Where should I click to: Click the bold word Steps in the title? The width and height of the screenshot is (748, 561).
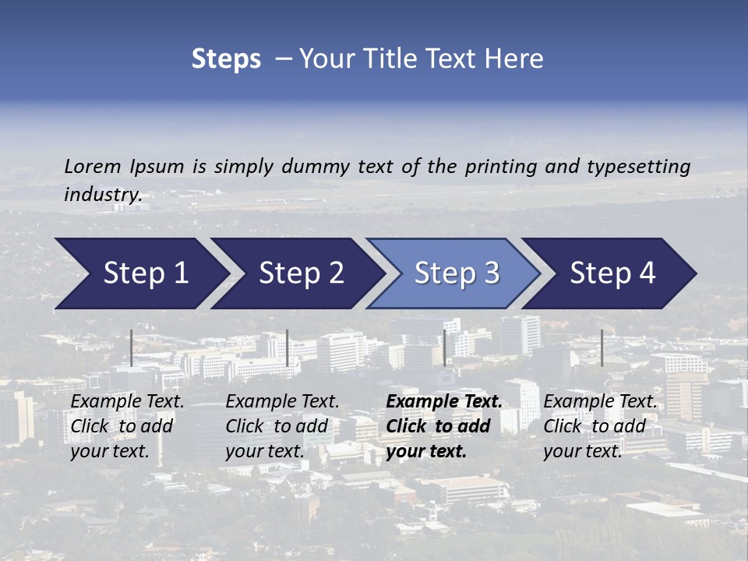point(226,59)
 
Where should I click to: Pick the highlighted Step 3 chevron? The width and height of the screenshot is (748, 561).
point(457,273)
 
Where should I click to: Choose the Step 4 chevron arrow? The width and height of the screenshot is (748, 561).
point(612,273)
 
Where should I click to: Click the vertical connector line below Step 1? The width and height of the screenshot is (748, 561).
point(132,348)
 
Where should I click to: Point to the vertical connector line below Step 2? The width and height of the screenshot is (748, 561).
point(288,348)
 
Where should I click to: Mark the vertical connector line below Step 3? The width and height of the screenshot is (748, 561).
point(444,348)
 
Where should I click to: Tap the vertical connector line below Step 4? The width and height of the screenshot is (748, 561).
point(602,348)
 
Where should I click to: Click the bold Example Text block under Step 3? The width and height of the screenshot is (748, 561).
point(444,426)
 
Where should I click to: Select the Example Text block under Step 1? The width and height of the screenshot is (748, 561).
point(127,426)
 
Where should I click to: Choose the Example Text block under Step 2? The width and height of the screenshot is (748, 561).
point(282,426)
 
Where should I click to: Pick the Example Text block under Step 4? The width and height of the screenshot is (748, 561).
point(600,426)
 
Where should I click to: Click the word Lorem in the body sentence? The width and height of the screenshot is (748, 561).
point(93,166)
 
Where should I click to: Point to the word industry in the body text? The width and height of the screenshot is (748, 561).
point(102,195)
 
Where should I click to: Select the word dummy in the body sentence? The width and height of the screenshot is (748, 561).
point(316,166)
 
